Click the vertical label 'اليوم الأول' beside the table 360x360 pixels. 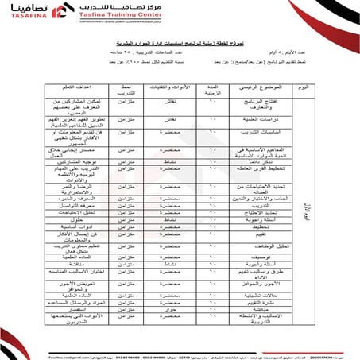[311, 211]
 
